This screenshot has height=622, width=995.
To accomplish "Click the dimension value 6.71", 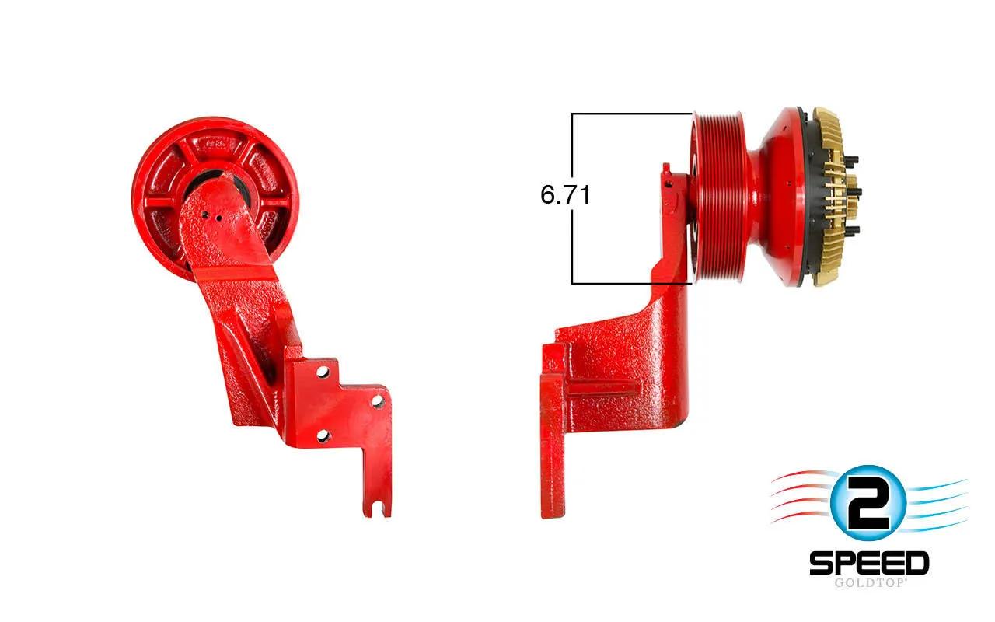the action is click(x=565, y=194).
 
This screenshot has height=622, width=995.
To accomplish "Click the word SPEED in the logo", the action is click(x=869, y=563).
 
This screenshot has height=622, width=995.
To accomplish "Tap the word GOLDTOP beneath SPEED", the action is click(x=869, y=582).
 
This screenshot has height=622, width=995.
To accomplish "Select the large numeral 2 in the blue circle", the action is click(x=868, y=503).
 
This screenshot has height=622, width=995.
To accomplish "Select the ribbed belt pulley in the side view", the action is click(x=722, y=197).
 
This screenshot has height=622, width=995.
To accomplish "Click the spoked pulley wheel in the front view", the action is click(x=215, y=198).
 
